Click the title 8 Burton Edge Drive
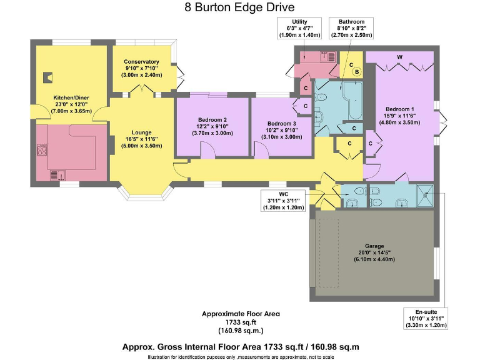pyautogui.click(x=240, y=8)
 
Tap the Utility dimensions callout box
pyautogui.click(x=299, y=29)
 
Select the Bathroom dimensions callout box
pyautogui.click(x=351, y=29)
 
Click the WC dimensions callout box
pyautogui.click(x=283, y=201)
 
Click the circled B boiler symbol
pyautogui.click(x=356, y=72)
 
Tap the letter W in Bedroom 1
pyautogui.click(x=399, y=57)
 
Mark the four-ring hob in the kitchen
pyautogui.click(x=42, y=150)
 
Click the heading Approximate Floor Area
pyautogui.click(x=240, y=314)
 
